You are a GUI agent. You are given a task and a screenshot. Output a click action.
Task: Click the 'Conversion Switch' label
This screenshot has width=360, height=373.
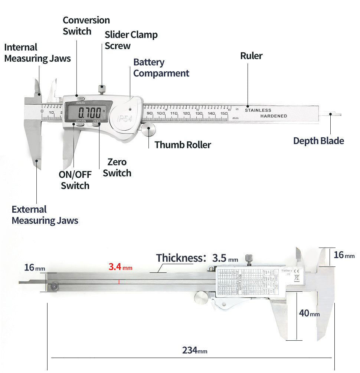86,26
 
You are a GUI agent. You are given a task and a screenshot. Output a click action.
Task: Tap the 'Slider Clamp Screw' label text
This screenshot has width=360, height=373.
131,40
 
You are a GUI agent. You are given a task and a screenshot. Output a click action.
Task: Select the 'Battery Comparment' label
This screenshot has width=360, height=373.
161,68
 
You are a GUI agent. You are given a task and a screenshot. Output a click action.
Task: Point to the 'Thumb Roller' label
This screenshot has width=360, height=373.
183,145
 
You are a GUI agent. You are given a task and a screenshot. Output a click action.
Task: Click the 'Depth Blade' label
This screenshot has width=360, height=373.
318,141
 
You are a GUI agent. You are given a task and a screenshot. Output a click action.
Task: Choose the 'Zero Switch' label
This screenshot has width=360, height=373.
117,167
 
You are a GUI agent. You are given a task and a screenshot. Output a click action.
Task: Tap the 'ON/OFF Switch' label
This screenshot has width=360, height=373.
75,180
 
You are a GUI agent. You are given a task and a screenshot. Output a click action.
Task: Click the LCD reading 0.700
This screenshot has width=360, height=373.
89,111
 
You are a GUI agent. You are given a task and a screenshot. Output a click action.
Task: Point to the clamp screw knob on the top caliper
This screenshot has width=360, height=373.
101,89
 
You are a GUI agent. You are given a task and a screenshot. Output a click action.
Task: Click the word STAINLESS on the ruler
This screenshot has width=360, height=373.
258,110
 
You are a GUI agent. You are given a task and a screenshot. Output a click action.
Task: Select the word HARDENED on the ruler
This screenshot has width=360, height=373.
274,116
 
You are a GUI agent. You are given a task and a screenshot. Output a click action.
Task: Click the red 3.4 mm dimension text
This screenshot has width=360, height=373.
120,267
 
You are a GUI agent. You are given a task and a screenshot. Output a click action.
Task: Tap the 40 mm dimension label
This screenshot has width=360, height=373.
309,313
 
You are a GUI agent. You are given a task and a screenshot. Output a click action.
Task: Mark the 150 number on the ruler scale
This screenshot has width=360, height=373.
223,114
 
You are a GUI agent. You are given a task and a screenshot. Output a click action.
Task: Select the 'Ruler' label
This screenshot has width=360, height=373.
251,56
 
